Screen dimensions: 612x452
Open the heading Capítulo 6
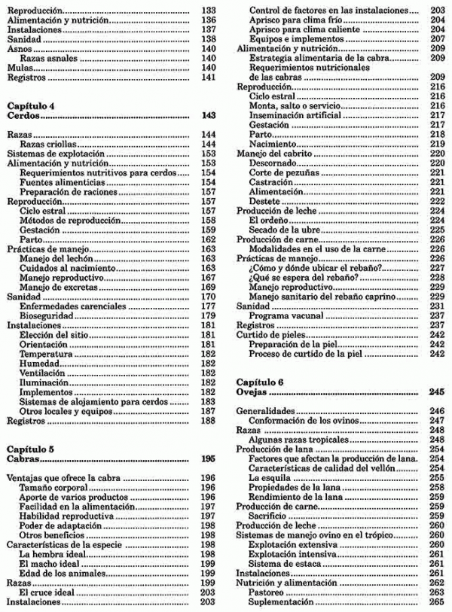coord(261,381)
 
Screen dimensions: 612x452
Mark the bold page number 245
coord(437,391)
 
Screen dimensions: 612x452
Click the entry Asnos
coord(18,47)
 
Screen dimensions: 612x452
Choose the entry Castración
coord(270,182)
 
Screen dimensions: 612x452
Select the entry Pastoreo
coord(267,592)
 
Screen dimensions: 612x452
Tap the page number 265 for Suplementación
coord(437,602)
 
